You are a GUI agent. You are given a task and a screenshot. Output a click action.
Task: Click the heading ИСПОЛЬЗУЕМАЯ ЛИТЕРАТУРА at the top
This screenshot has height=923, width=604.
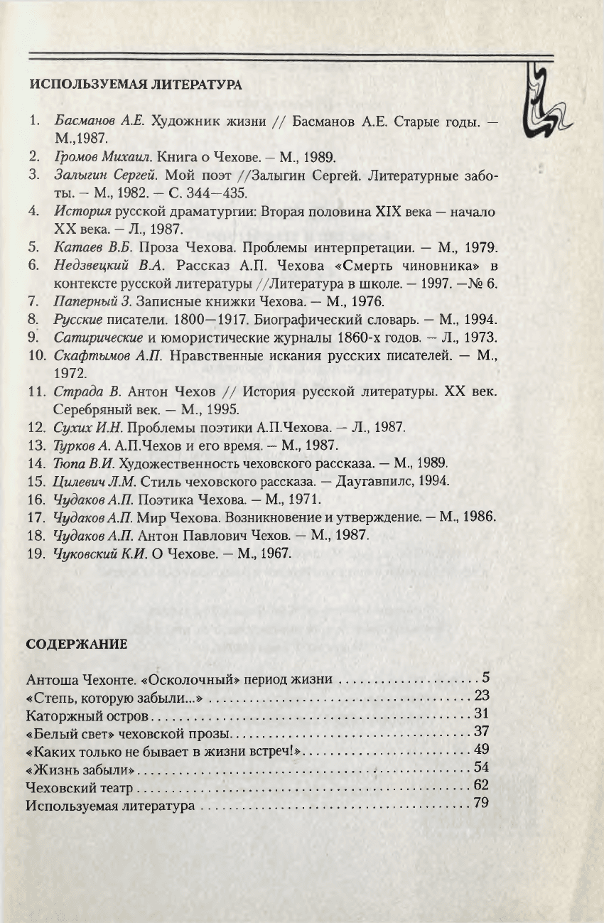[135, 85]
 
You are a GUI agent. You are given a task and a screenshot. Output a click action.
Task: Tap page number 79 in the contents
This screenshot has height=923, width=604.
[482, 804]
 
